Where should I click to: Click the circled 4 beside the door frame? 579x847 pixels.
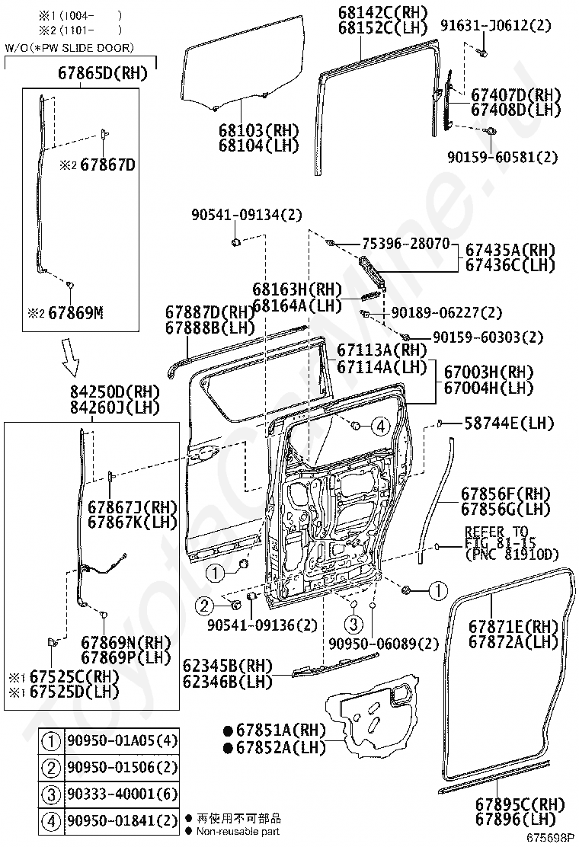pos(380,427)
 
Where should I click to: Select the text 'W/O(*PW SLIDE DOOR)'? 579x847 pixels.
pos(69,48)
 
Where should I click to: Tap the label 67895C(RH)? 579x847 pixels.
pos(520,804)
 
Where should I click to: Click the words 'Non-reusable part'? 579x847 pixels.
pos(238,831)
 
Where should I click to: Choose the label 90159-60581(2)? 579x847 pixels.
pos(502,157)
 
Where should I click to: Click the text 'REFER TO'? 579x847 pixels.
pos(495,531)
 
